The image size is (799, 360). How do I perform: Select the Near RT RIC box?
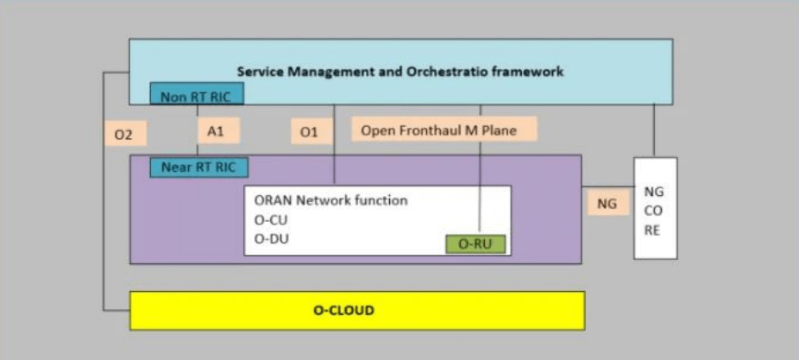198,167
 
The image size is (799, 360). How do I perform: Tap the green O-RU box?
475,244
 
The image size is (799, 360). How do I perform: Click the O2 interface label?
124,135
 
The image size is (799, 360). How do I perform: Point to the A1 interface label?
217,131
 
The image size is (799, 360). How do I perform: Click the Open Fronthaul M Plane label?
444,130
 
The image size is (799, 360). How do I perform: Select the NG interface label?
607,204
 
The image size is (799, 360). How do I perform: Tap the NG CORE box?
655,208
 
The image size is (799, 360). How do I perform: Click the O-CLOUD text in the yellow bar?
343,310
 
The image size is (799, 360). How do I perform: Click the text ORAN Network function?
330,200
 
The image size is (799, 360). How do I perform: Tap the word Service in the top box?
261,72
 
